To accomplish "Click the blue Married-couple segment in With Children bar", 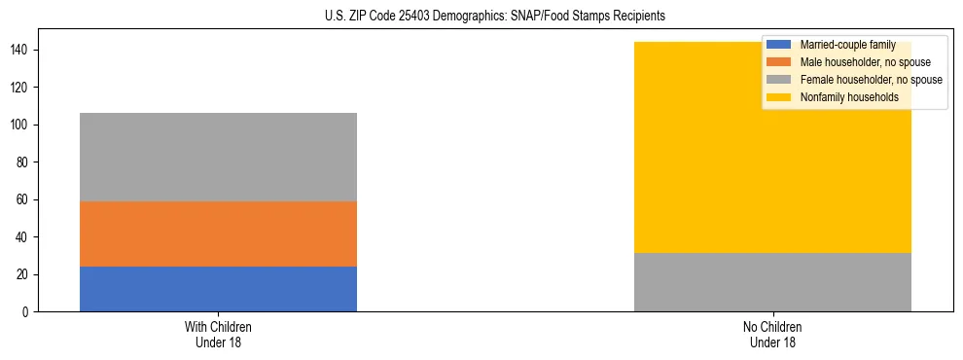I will click(x=218, y=289).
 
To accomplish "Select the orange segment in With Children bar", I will click(x=218, y=234).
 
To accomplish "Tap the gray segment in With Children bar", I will click(x=218, y=157).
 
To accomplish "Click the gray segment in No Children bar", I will click(x=772, y=282).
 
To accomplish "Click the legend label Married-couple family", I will click(x=847, y=45).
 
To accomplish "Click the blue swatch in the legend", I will click(x=779, y=45).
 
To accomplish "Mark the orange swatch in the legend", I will click(x=779, y=62).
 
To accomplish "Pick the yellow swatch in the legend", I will click(x=779, y=97).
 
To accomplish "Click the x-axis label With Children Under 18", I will click(x=218, y=334).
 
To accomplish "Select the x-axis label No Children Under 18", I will click(x=772, y=334).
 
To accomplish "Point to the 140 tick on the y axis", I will click(x=21, y=50).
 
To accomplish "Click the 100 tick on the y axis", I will click(x=21, y=125).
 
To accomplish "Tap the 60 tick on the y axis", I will click(x=24, y=199).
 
